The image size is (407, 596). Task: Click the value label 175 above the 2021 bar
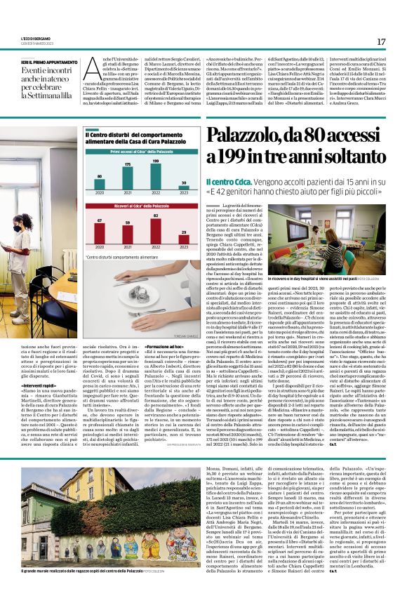point(127,164)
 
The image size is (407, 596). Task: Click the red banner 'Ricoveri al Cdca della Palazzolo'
point(142,207)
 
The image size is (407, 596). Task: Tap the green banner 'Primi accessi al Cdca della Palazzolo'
point(142,151)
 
